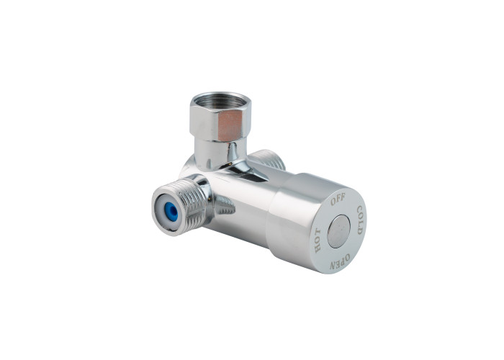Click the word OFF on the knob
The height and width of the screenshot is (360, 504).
click(x=338, y=199)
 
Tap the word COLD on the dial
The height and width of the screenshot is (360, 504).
click(x=359, y=220)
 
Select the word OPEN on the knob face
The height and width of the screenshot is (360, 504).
click(x=339, y=261)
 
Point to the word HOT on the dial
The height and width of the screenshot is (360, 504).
click(x=318, y=240)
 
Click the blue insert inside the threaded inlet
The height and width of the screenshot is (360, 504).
click(x=172, y=212)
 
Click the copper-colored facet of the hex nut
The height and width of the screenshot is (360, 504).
click(x=230, y=125)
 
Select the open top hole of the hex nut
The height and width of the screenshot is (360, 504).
click(x=220, y=101)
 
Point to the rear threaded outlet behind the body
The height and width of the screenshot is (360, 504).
click(x=268, y=159)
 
